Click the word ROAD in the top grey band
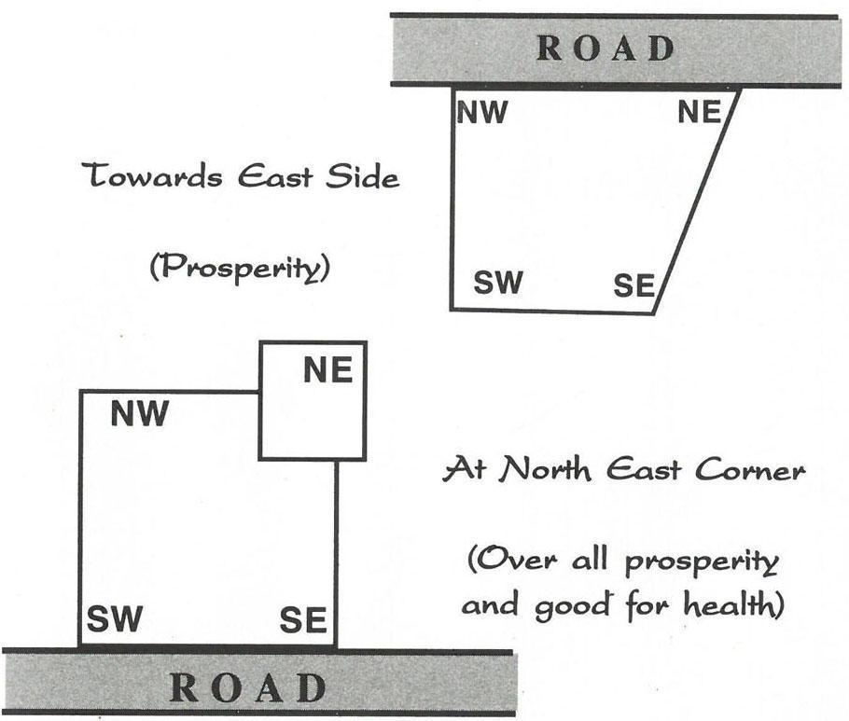[x=606, y=49]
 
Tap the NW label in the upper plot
[x=482, y=113]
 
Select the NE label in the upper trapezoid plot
[x=700, y=113]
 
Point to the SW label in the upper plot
[x=498, y=283]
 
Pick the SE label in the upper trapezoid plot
[x=633, y=285]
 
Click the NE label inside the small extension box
[x=328, y=370]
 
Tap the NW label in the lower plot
[x=139, y=413]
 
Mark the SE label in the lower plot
[x=302, y=618]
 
